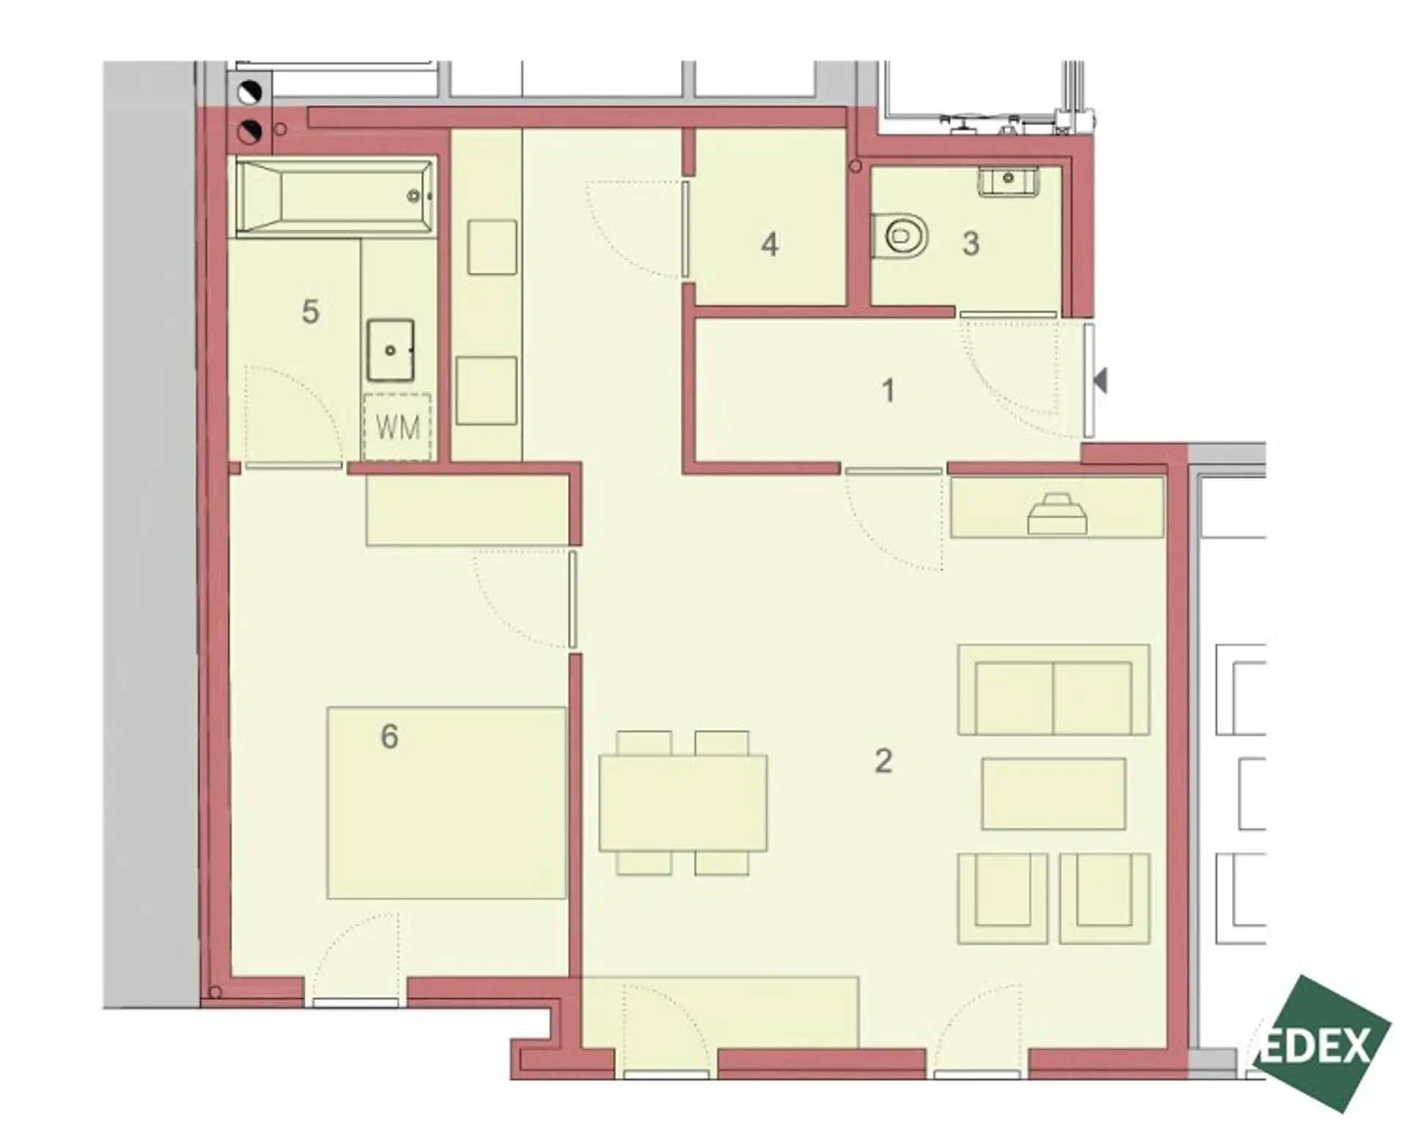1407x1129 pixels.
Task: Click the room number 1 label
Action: pos(888,391)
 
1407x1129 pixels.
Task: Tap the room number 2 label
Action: pos(884,761)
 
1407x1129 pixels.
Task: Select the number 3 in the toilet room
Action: pos(971,244)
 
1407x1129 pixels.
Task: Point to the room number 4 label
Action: pos(769,245)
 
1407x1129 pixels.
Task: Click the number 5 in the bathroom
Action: pos(311,312)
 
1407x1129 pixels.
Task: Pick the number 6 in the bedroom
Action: pos(389,736)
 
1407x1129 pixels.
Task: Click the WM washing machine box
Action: pos(397,427)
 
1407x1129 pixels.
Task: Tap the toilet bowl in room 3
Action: pos(901,236)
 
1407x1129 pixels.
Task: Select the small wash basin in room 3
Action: pos(1009,180)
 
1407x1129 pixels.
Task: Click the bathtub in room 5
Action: pos(334,198)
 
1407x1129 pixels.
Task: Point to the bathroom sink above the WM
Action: pos(391,350)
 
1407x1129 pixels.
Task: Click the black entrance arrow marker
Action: pos(1099,380)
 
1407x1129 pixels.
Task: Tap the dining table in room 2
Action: pos(683,803)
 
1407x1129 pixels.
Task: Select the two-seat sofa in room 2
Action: pos(1053,690)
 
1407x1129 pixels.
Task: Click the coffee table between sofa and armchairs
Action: pos(1054,794)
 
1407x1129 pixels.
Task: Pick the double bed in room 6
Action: pos(446,803)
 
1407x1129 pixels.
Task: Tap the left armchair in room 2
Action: pos(1002,899)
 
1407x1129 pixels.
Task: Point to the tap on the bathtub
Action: pos(415,196)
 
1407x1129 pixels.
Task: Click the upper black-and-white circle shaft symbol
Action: pos(249,93)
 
